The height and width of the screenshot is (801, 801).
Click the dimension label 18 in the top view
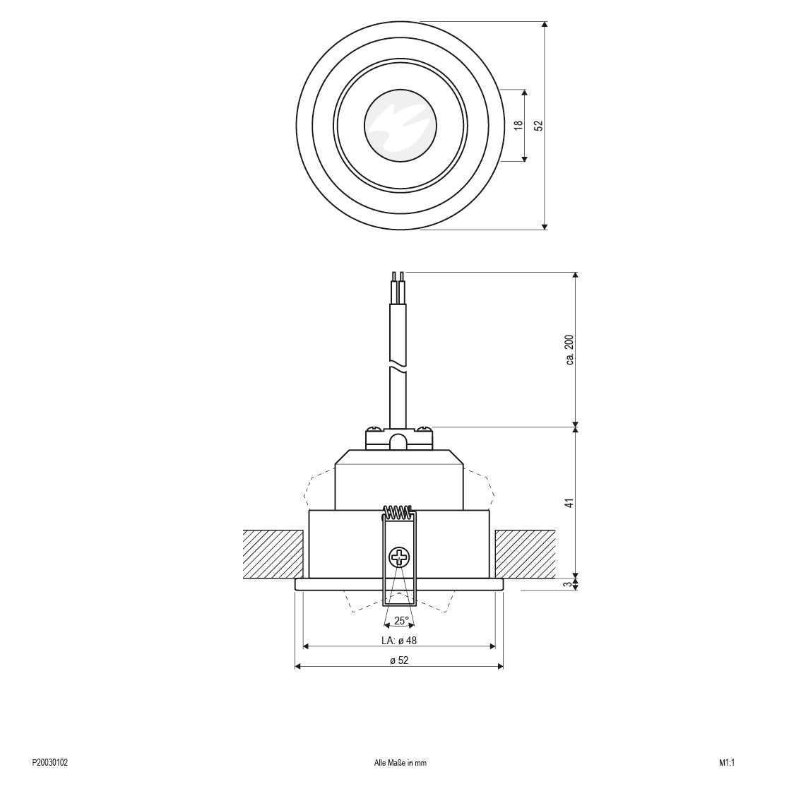pyautogui.click(x=518, y=125)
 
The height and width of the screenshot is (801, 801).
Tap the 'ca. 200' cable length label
pyautogui.click(x=569, y=350)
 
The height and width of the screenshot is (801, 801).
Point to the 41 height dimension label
pyautogui.click(x=569, y=503)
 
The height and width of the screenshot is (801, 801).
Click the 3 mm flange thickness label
pyautogui.click(x=569, y=584)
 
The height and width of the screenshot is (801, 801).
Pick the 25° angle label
pyautogui.click(x=401, y=621)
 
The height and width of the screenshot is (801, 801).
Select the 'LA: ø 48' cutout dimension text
pyautogui.click(x=399, y=641)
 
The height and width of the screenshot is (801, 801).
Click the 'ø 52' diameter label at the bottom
pyautogui.click(x=399, y=660)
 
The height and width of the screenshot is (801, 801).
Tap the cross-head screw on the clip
pyautogui.click(x=399, y=557)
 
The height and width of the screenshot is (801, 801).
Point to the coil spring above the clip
pyautogui.click(x=398, y=512)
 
